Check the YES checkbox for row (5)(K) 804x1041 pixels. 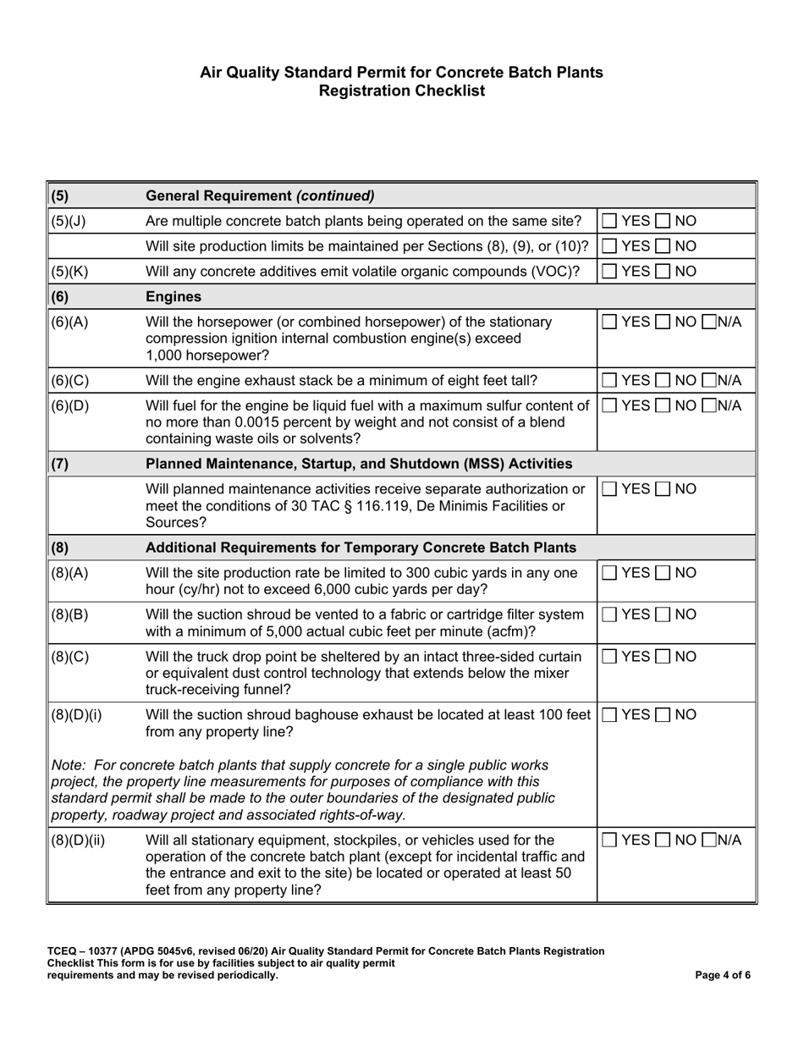tap(609, 272)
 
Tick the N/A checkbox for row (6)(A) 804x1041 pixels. tap(708, 322)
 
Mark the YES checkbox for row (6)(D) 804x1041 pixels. tap(609, 405)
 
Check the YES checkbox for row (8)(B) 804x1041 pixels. tap(609, 614)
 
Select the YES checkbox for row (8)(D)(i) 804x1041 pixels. tap(609, 715)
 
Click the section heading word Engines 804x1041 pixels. tap(173, 298)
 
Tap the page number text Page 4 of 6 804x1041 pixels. tap(722, 975)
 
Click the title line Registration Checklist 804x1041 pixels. tap(401, 91)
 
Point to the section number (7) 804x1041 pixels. tap(60, 464)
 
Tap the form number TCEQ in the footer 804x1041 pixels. tap(64, 951)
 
